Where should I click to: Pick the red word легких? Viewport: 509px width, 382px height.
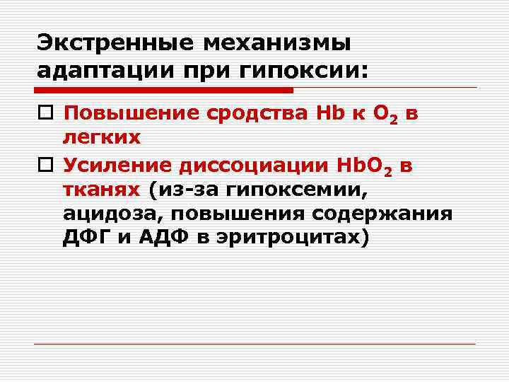coord(102,138)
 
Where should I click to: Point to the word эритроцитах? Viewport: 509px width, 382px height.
coord(291,238)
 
